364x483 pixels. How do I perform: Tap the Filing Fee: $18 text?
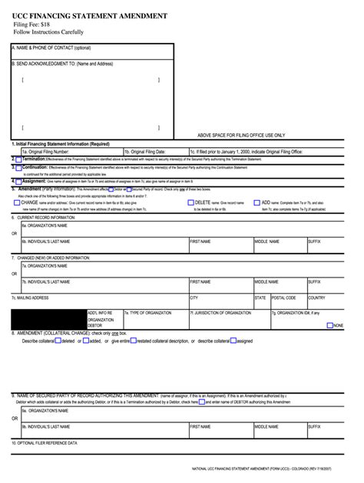[32, 25]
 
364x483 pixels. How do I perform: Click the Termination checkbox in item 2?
[18, 159]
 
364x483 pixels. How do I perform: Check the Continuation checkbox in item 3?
[18, 167]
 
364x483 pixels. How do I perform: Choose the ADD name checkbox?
[258, 202]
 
